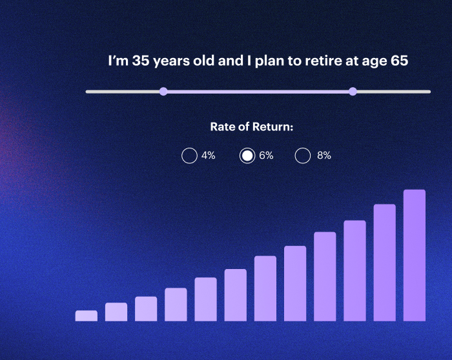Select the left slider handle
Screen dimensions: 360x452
(x=163, y=92)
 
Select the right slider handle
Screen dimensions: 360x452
(x=353, y=92)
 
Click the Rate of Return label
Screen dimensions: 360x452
(x=252, y=127)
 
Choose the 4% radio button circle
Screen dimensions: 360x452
(x=189, y=155)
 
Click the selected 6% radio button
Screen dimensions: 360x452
(x=247, y=155)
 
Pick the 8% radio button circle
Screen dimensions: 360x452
(x=303, y=155)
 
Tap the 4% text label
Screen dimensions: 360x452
(x=208, y=155)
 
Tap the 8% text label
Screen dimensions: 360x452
(x=324, y=155)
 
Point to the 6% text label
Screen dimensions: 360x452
(x=266, y=155)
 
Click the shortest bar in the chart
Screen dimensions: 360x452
(x=87, y=315)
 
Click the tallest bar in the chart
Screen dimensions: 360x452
(x=415, y=255)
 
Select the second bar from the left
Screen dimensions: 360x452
(x=116, y=312)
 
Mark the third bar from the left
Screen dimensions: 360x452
(x=146, y=308)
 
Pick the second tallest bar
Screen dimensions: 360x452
(x=384, y=262)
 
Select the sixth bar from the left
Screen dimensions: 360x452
(x=236, y=295)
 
